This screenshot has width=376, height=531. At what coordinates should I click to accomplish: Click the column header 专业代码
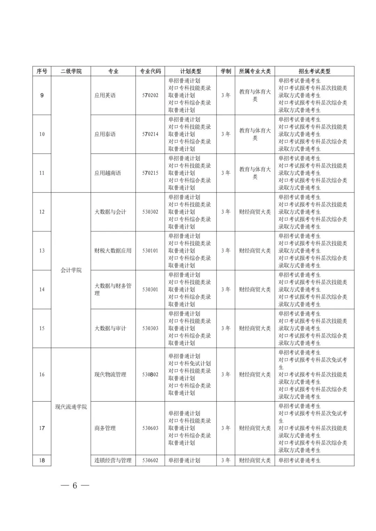(150, 71)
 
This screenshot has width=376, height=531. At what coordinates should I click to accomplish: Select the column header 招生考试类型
(314, 71)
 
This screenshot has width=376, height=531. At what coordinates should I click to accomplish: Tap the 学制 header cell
(226, 71)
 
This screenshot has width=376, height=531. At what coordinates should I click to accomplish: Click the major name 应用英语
(105, 95)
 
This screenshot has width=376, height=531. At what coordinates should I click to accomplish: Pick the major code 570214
(150, 134)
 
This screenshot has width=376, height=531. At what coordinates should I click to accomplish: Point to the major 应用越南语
(108, 173)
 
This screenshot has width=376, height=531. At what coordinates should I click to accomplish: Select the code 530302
(150, 212)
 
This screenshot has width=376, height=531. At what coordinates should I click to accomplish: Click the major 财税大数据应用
(113, 251)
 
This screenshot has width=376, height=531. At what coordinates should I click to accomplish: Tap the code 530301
(150, 289)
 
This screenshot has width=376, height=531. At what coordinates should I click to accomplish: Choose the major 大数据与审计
(110, 328)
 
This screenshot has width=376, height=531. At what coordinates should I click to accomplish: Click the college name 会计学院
(71, 270)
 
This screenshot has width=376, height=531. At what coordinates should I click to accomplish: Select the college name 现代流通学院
(71, 407)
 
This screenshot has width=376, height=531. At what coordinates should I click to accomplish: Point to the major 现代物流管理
(110, 375)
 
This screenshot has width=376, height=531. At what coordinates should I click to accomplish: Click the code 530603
(150, 428)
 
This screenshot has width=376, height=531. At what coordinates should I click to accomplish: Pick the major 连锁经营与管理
(113, 460)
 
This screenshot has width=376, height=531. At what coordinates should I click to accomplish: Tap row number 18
(42, 460)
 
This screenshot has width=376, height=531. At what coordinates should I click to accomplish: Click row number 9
(42, 95)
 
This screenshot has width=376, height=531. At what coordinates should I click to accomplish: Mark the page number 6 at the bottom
(75, 486)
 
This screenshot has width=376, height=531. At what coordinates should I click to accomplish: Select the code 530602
(150, 460)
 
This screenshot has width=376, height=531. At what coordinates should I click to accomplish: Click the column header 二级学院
(71, 71)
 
